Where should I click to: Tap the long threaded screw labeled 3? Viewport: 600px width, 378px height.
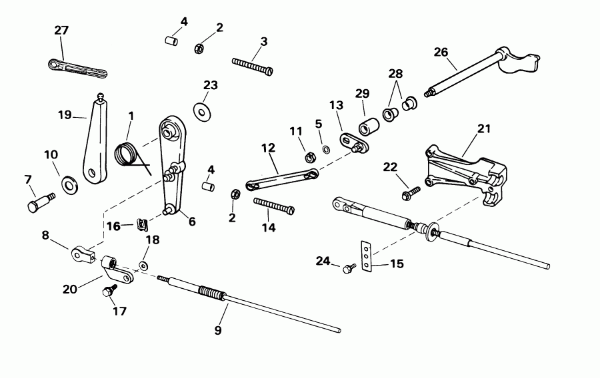[252, 65]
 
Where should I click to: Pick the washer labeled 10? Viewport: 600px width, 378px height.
[69, 183]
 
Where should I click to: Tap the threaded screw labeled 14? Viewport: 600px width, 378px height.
[273, 204]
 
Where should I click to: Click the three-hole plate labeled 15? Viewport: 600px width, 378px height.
[365, 256]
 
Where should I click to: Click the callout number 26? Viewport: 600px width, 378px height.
[441, 51]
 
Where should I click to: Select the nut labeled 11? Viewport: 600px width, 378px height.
[309, 158]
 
